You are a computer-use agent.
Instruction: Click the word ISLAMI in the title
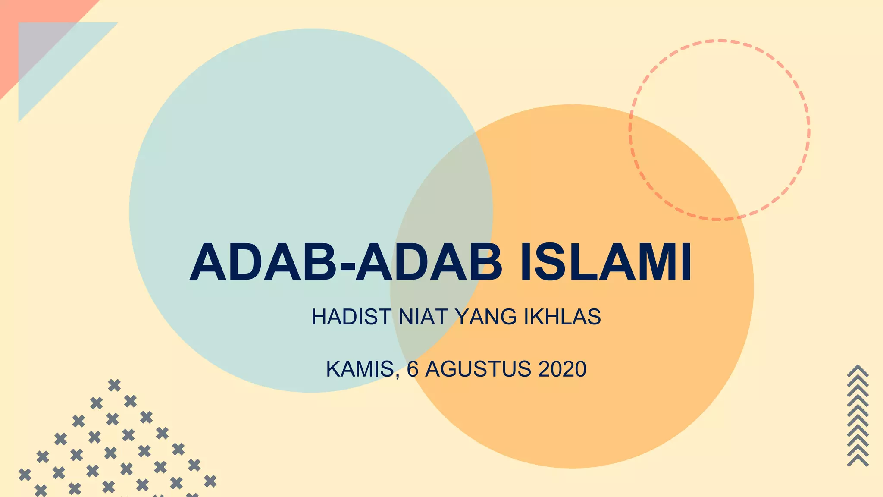[606, 262]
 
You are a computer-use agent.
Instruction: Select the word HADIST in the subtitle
[351, 317]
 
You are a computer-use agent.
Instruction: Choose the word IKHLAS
[562, 317]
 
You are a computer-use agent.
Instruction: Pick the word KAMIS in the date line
[360, 369]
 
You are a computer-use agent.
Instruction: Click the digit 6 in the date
[413, 369]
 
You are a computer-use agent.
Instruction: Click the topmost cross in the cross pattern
[114, 385]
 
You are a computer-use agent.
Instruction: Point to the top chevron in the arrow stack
[858, 370]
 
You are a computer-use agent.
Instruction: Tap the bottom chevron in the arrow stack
[858, 461]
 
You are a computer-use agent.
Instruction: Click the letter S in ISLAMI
[553, 262]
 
